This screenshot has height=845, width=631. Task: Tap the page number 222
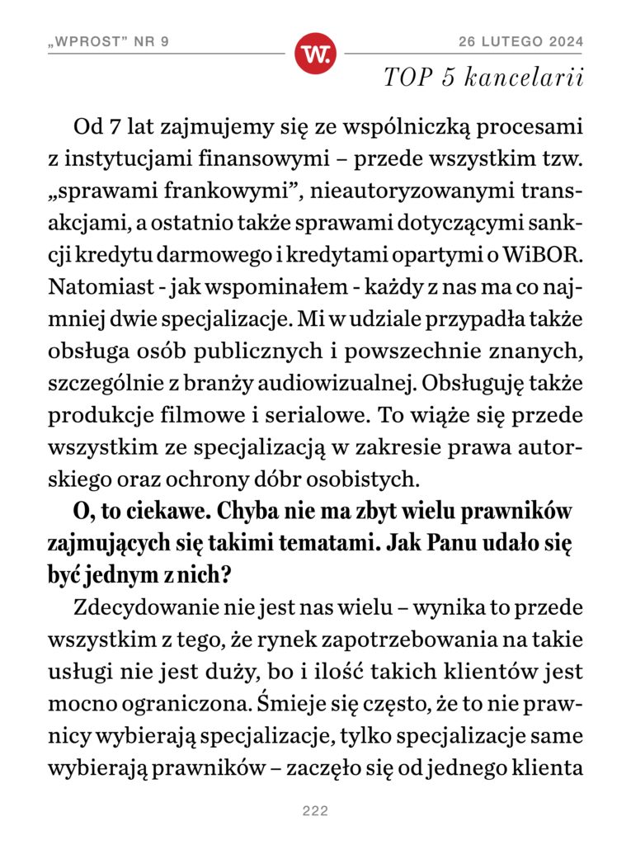315,811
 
